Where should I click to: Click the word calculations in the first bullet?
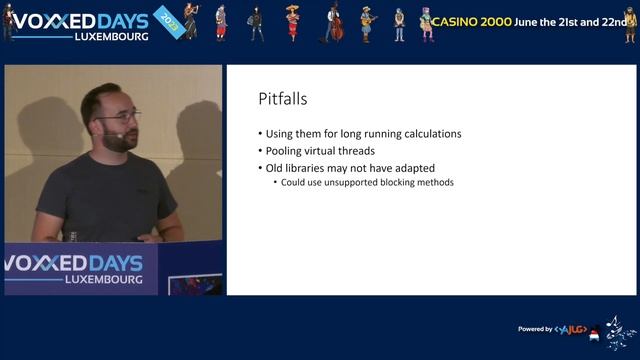pyautogui.click(x=429, y=134)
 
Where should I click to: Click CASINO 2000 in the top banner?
pyautogui.click(x=471, y=21)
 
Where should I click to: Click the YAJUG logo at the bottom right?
pyautogui.click(x=571, y=329)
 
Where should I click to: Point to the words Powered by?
pyautogui.click(x=535, y=329)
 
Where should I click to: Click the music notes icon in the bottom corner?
pyautogui.click(x=617, y=330)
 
